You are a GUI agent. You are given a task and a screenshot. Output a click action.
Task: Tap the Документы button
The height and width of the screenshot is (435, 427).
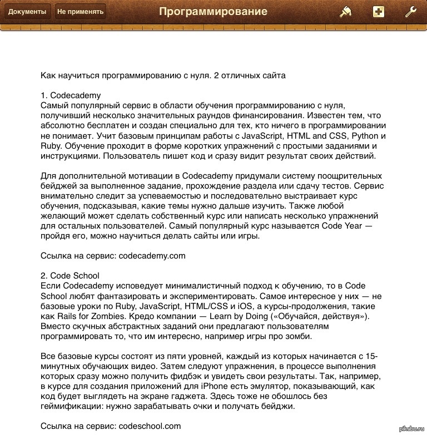tap(27, 12)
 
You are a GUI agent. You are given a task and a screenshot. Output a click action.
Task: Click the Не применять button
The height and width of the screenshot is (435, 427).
tap(80, 12)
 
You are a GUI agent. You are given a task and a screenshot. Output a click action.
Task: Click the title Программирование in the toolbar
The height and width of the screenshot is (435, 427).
tap(213, 12)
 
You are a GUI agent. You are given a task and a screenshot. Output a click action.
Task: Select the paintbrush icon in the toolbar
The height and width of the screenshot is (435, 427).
tap(346, 12)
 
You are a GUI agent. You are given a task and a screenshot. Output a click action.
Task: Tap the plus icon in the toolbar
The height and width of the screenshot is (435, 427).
tap(379, 12)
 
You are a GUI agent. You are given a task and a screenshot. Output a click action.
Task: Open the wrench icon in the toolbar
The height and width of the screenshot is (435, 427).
tap(411, 12)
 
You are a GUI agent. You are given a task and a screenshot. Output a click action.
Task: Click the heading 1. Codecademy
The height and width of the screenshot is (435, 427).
tap(71, 95)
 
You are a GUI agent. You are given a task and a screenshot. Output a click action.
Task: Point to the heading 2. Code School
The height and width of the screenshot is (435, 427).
tap(71, 276)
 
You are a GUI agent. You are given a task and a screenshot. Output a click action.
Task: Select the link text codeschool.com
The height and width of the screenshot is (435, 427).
tap(150, 426)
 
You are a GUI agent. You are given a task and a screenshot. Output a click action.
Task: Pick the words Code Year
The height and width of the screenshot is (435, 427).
tap(341, 226)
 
